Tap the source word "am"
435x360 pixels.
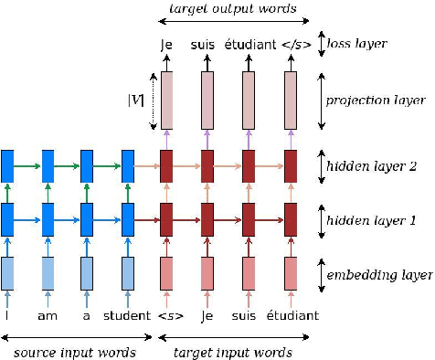(x=48, y=316)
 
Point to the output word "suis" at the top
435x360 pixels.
(x=207, y=42)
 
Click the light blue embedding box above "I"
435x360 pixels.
(x=7, y=272)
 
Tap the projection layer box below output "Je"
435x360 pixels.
(x=167, y=100)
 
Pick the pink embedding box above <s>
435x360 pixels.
(x=167, y=272)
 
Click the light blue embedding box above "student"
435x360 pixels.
(x=128, y=272)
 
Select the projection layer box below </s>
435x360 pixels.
(x=291, y=100)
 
